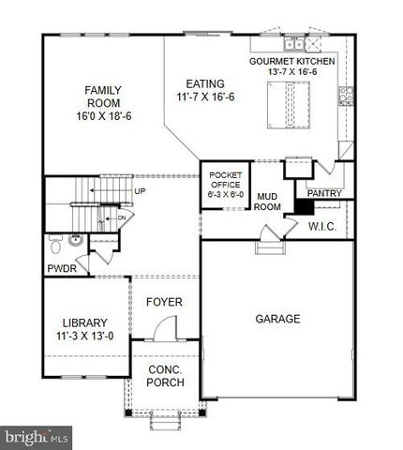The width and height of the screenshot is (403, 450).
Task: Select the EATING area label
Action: pyautogui.click(x=205, y=82)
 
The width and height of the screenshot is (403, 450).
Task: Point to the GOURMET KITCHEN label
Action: pyautogui.click(x=291, y=61)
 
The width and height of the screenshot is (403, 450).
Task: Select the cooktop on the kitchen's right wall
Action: pyautogui.click(x=345, y=94)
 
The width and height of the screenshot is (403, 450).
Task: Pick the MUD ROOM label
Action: pyautogui.click(x=270, y=201)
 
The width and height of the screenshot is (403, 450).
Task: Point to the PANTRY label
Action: pyautogui.click(x=323, y=193)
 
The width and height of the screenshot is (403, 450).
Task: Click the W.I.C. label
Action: pyautogui.click(x=323, y=226)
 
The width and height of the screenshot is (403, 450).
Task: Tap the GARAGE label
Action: pyautogui.click(x=278, y=318)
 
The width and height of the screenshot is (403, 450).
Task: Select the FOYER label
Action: pyautogui.click(x=164, y=302)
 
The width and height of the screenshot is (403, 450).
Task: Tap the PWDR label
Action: pyautogui.click(x=62, y=269)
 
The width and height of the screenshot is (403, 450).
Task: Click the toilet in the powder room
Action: pyautogui.click(x=57, y=247)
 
